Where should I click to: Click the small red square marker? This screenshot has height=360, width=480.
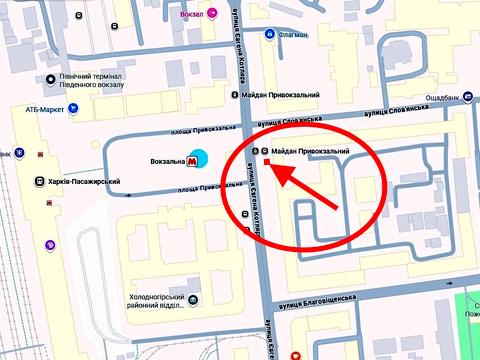click(268, 161)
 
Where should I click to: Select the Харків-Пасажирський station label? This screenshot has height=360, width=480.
click(84, 182)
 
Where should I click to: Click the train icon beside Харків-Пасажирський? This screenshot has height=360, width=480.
click(38, 182)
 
